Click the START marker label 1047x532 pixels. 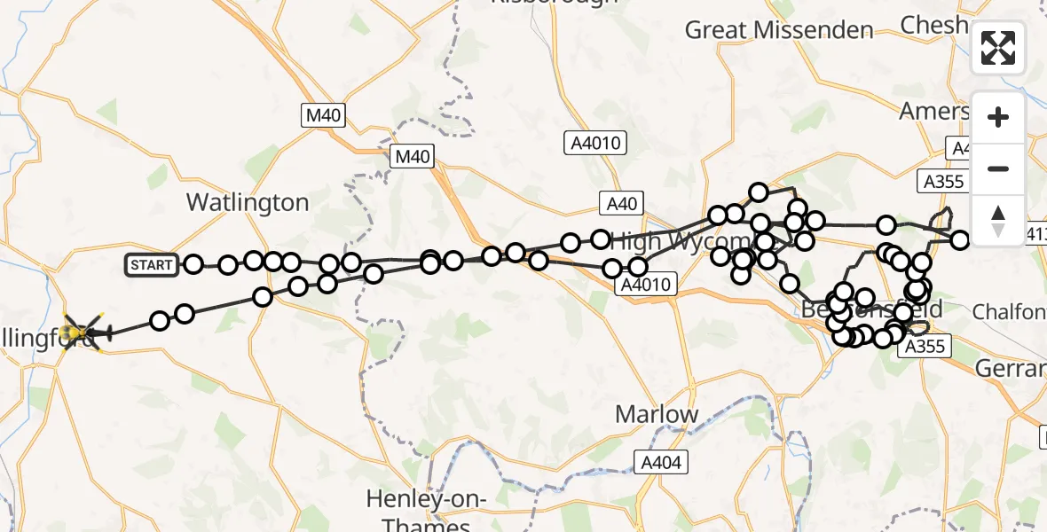tap(152, 264)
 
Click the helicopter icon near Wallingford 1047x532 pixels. tap(86, 332)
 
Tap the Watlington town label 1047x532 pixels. tap(248, 202)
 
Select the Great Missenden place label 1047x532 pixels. tap(779, 29)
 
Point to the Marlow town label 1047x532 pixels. tap(657, 414)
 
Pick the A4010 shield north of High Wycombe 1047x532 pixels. tap(595, 142)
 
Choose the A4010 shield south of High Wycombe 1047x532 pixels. tap(647, 285)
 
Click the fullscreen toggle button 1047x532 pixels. tap(998, 48)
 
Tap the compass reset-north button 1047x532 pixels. tap(998, 219)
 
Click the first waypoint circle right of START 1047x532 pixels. tap(193, 263)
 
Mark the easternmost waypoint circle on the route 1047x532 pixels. tap(960, 239)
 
